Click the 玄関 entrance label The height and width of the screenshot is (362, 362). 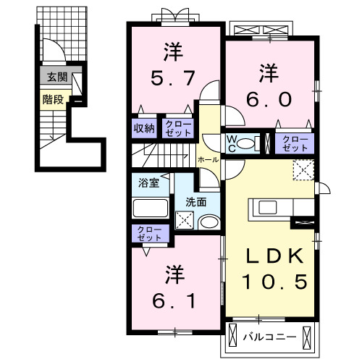(53, 77)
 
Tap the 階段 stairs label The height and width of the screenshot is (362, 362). (51, 100)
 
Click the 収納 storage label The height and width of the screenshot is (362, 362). (143, 128)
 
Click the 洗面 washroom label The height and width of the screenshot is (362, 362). (195, 202)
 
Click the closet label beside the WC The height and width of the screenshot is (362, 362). (294, 142)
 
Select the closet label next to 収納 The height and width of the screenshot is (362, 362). (177, 128)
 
